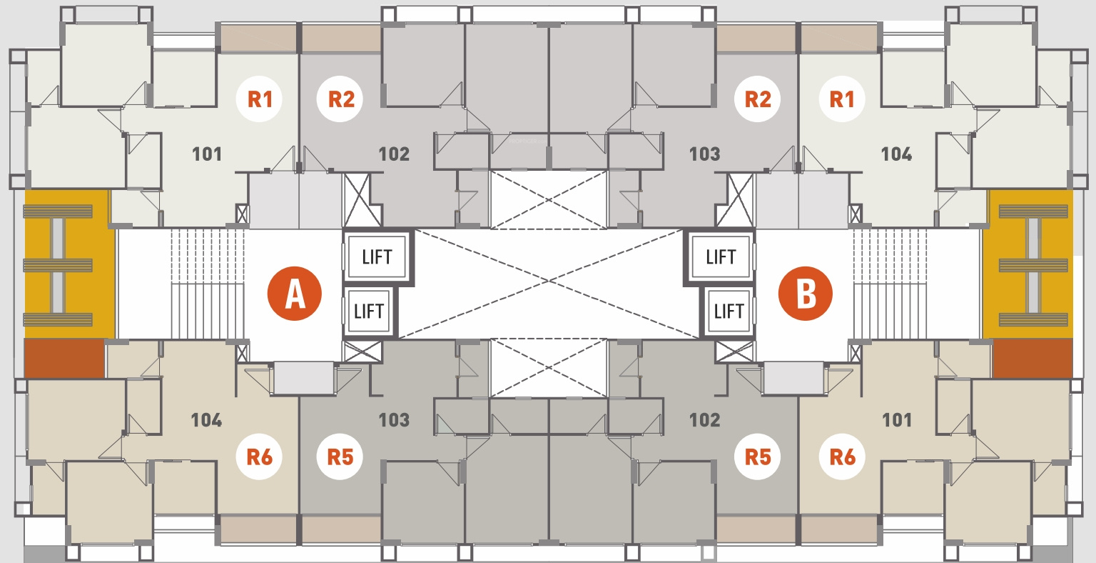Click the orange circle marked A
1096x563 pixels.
[295, 294]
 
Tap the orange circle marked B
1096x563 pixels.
[806, 294]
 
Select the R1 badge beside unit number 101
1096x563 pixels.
[260, 99]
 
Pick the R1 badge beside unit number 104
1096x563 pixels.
[842, 99]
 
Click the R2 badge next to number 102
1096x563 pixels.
[340, 99]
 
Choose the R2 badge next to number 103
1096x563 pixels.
[757, 99]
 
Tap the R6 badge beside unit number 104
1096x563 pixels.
[260, 457]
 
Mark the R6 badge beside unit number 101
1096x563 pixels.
[842, 457]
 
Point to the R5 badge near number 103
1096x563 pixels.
[340, 457]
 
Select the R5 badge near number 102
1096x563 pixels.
[757, 457]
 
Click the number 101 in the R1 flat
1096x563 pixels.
[207, 154]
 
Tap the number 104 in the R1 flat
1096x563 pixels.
[896, 154]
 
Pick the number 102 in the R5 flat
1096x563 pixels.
[704, 419]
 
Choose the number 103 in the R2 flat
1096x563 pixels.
[704, 154]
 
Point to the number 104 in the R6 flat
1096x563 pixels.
[206, 419]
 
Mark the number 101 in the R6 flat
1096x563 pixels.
[897, 419]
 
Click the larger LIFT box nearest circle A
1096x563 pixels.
[377, 256]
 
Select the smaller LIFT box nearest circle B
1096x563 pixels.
[729, 311]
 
